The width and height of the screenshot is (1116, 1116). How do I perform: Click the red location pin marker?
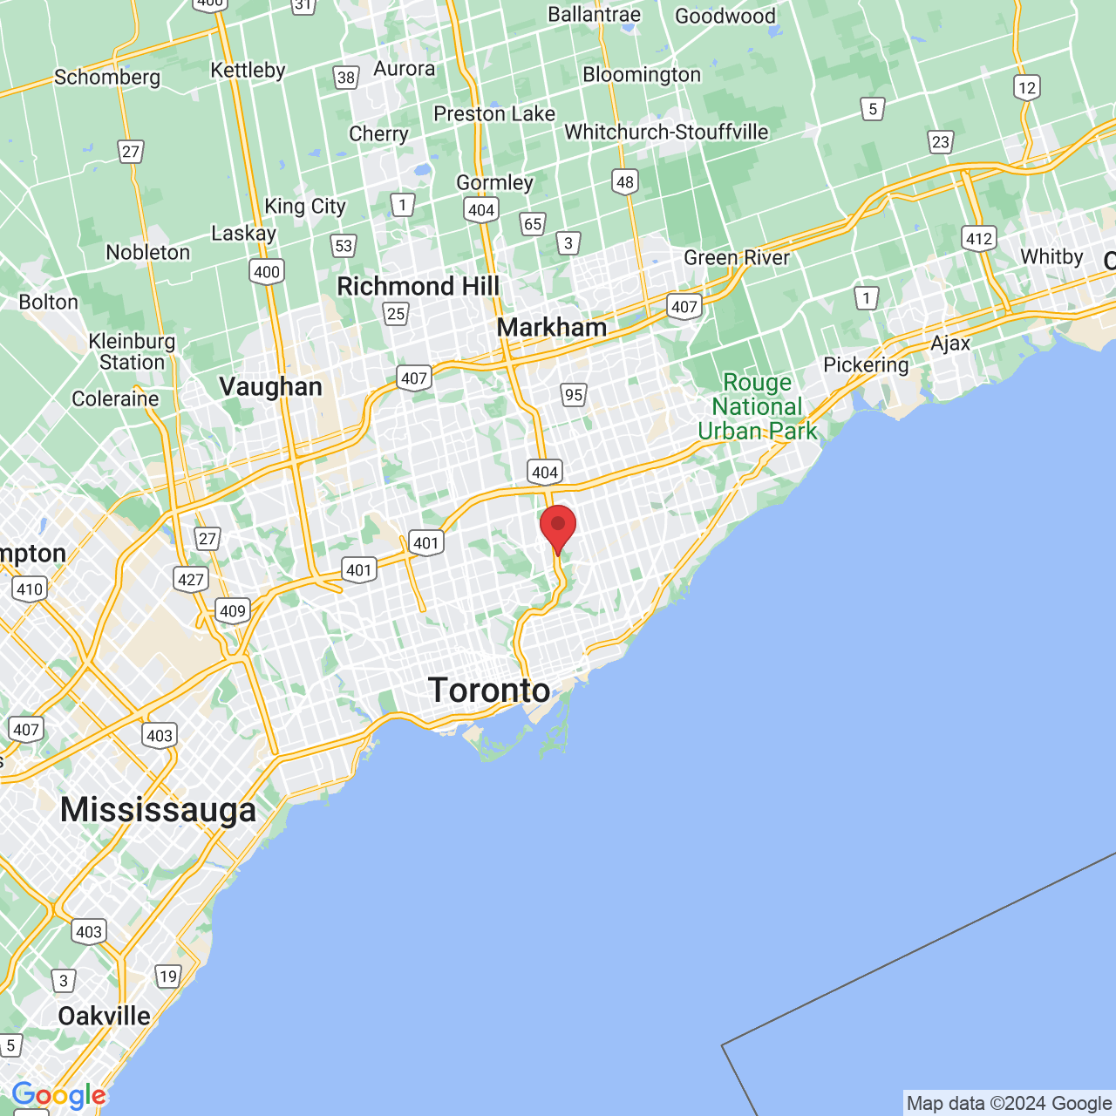pos(558,527)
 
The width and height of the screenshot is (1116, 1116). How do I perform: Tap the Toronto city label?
pos(489,691)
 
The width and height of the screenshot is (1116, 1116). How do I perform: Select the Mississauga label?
pos(158,810)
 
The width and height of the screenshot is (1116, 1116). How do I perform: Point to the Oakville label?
pos(104,1016)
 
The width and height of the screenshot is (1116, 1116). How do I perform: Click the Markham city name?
pos(551,328)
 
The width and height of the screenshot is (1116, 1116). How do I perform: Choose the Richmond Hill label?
pos(418,286)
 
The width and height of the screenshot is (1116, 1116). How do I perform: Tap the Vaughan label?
pos(270,386)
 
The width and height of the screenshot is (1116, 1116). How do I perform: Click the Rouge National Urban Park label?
pos(757,407)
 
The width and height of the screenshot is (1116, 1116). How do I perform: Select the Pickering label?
pos(866,364)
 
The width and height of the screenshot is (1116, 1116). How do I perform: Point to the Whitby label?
pos(1051,256)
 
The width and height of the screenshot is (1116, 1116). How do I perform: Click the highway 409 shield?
pos(233,610)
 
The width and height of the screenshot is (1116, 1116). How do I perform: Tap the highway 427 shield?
pos(190,579)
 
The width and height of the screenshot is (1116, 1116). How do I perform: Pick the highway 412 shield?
pos(979,239)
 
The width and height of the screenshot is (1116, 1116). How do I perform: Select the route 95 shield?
pos(573,395)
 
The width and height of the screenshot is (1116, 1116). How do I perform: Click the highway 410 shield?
pos(30,589)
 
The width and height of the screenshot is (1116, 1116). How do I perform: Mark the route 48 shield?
pos(625,181)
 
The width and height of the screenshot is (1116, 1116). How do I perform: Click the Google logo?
pos(58,1095)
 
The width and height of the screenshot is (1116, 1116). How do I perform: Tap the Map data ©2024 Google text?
pos(1009,1104)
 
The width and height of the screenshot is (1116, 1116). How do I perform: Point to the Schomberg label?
pos(107,78)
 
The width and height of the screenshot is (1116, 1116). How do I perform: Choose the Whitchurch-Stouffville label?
pos(666,133)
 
